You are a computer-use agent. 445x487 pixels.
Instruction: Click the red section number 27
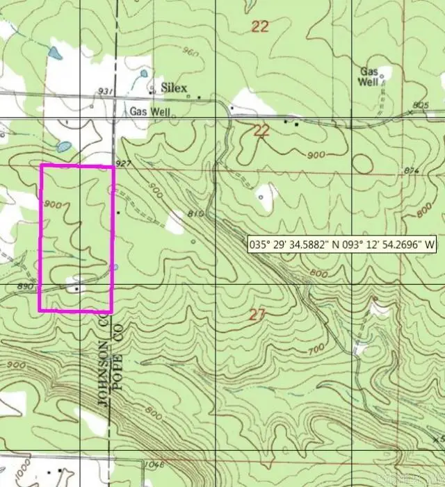tap(257, 315)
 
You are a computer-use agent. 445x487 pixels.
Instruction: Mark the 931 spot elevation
tap(106, 92)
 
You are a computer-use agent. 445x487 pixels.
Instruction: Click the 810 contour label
tap(195, 214)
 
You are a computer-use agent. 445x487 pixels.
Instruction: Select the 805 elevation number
tap(421, 105)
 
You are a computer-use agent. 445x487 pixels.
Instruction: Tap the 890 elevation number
tap(25, 286)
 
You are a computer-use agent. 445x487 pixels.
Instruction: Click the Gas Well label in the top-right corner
tap(369, 76)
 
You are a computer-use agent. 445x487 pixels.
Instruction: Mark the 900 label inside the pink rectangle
tap(54, 204)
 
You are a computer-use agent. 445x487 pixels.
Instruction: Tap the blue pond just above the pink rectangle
tap(63, 147)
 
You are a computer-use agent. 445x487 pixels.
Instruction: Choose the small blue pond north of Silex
tap(144, 72)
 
